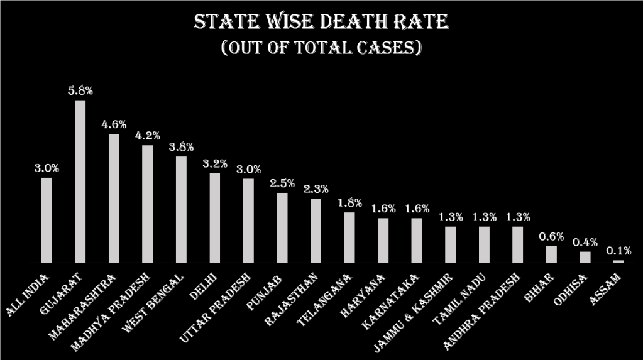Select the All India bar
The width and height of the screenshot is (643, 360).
click(x=47, y=220)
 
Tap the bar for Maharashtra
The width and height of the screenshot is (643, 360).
click(x=114, y=198)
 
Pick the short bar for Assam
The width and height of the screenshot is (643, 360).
click(x=618, y=261)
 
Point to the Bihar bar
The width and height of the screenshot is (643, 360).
click(x=551, y=254)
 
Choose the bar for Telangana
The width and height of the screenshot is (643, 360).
click(x=349, y=237)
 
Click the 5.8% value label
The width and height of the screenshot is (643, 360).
click(x=80, y=90)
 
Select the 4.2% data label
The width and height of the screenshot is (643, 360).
click(x=148, y=136)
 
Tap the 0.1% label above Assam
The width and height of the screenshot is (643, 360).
click(x=618, y=251)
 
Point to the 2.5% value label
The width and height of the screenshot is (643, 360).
click(x=282, y=183)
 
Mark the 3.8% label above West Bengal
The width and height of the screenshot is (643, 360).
click(x=181, y=147)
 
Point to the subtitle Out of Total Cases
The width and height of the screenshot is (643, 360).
click(x=321, y=48)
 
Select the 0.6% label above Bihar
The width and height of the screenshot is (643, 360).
click(x=551, y=236)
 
